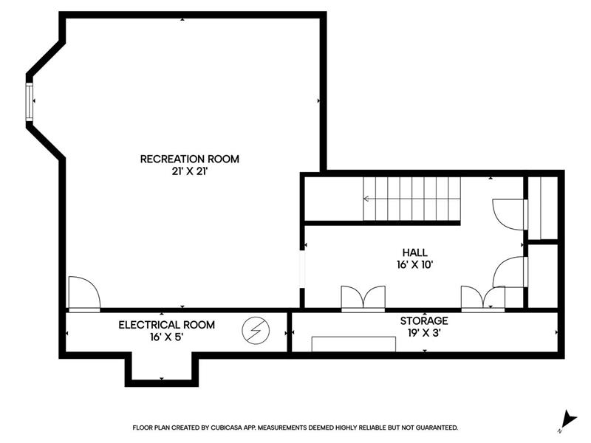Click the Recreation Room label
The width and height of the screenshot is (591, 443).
pyautogui.click(x=190, y=159)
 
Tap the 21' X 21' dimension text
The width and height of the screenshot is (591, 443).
pyautogui.click(x=190, y=171)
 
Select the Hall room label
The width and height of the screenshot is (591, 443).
pyautogui.click(x=414, y=253)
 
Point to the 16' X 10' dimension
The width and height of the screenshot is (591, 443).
pyautogui.click(x=414, y=265)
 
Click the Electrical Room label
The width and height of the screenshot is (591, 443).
pyautogui.click(x=167, y=325)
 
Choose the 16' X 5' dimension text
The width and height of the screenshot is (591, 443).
pyautogui.click(x=167, y=337)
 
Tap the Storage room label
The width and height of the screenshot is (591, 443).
pyautogui.click(x=424, y=320)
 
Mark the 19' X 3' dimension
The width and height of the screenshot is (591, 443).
pyautogui.click(x=424, y=333)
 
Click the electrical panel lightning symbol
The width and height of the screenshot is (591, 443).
pyautogui.click(x=256, y=330)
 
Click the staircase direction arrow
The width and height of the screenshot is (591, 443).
pyautogui.click(x=412, y=199)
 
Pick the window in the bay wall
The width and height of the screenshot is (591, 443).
pyautogui.click(x=29, y=102)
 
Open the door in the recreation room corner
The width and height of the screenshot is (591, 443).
pyautogui.click(x=84, y=294)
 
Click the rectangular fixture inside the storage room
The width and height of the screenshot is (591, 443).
pyautogui.click(x=354, y=344)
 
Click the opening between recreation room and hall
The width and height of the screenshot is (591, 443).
pyautogui.click(x=302, y=269)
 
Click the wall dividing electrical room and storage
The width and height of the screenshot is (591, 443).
pyautogui.click(x=290, y=332)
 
